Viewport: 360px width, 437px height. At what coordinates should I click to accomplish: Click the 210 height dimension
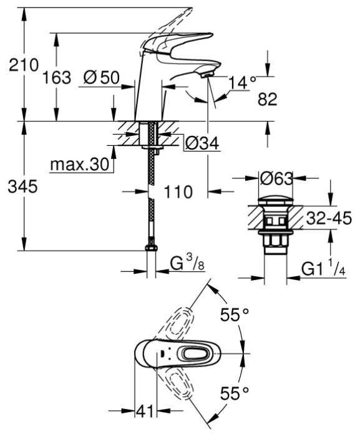(x=24, y=65)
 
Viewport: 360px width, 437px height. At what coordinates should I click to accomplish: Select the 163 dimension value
(x=57, y=77)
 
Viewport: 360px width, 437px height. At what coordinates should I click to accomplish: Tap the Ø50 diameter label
(x=101, y=77)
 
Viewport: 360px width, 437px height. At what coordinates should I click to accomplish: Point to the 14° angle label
(x=242, y=82)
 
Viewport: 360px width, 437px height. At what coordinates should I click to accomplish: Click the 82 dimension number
(x=268, y=100)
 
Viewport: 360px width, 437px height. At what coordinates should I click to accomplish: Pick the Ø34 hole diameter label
(x=202, y=143)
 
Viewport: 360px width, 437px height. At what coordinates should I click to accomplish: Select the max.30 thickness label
(x=79, y=165)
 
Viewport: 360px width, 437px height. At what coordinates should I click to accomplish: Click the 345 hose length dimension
(x=22, y=186)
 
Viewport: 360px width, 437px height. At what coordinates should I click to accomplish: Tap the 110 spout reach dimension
(x=178, y=192)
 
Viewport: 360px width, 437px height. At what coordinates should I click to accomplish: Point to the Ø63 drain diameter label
(x=276, y=178)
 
